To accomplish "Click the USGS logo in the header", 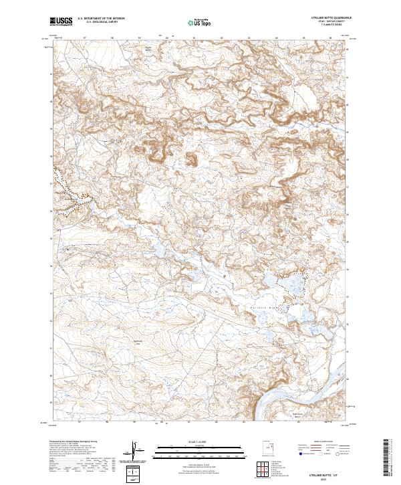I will (60, 21).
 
